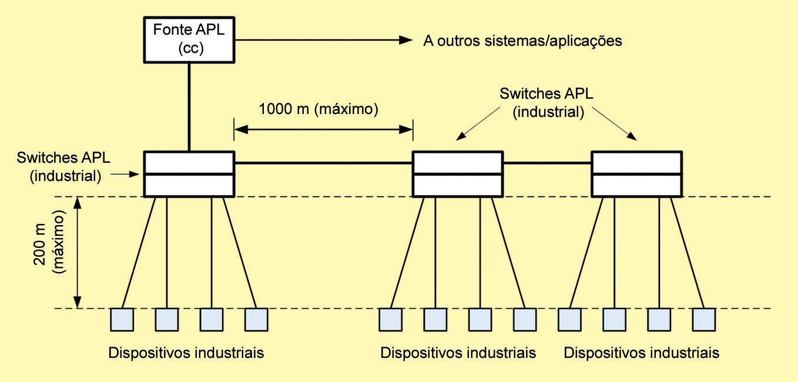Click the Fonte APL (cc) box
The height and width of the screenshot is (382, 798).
189,39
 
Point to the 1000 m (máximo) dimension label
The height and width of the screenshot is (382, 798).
318,109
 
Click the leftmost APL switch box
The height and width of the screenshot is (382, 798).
189,174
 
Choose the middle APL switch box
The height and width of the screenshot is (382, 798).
457,174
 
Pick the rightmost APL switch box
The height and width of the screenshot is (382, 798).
636,174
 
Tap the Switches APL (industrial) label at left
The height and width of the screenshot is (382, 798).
63,166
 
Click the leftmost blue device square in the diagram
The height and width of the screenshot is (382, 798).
122,319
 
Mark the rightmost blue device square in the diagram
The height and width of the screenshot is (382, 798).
703,319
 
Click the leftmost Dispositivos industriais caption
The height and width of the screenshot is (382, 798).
186,353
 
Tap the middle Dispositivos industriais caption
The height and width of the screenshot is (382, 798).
458,353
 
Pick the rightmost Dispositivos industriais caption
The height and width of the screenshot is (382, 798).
641,353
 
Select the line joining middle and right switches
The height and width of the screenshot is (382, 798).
546,163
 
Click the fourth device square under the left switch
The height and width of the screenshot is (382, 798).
256,319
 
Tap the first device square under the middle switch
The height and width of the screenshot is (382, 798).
390,319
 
